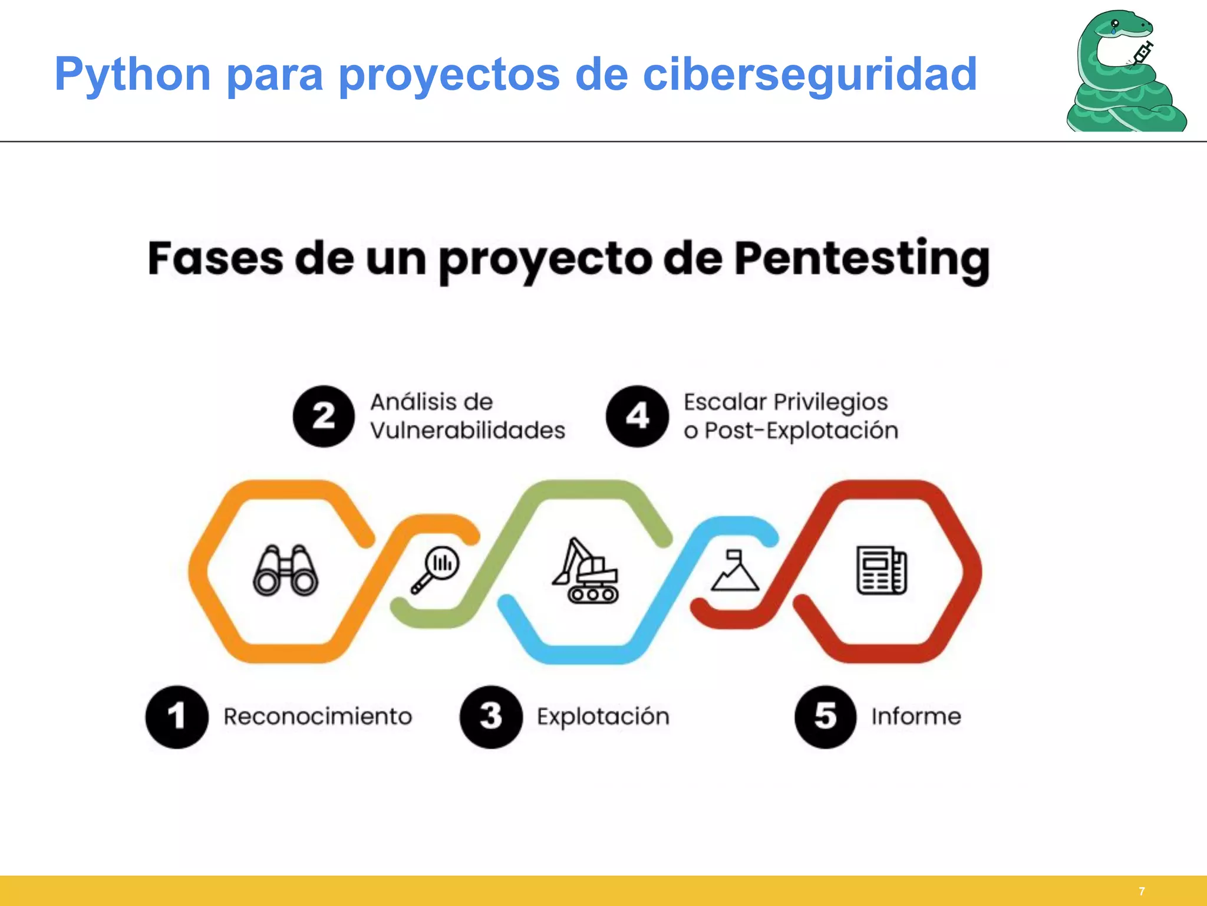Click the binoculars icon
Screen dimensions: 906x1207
coord(286,570)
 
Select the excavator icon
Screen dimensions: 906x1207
coord(585,571)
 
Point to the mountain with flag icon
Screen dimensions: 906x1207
coord(735,570)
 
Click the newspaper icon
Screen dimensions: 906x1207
coord(882,570)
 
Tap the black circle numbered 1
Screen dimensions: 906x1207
coord(177,717)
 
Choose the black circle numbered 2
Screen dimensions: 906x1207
coord(324,416)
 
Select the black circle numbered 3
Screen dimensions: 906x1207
coord(491,717)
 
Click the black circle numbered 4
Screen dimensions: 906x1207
coord(637,416)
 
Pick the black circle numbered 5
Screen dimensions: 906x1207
coord(825,717)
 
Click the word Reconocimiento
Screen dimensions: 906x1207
coord(318,717)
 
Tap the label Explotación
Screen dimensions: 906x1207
coord(603,717)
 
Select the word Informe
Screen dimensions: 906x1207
coord(916,717)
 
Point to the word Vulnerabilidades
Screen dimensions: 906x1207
coord(467,431)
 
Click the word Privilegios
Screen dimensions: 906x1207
coord(830,403)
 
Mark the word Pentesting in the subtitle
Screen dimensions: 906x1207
coord(862,260)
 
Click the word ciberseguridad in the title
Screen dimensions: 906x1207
coord(810,75)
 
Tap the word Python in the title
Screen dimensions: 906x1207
coord(133,75)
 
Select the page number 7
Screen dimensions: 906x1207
coord(1142,891)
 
